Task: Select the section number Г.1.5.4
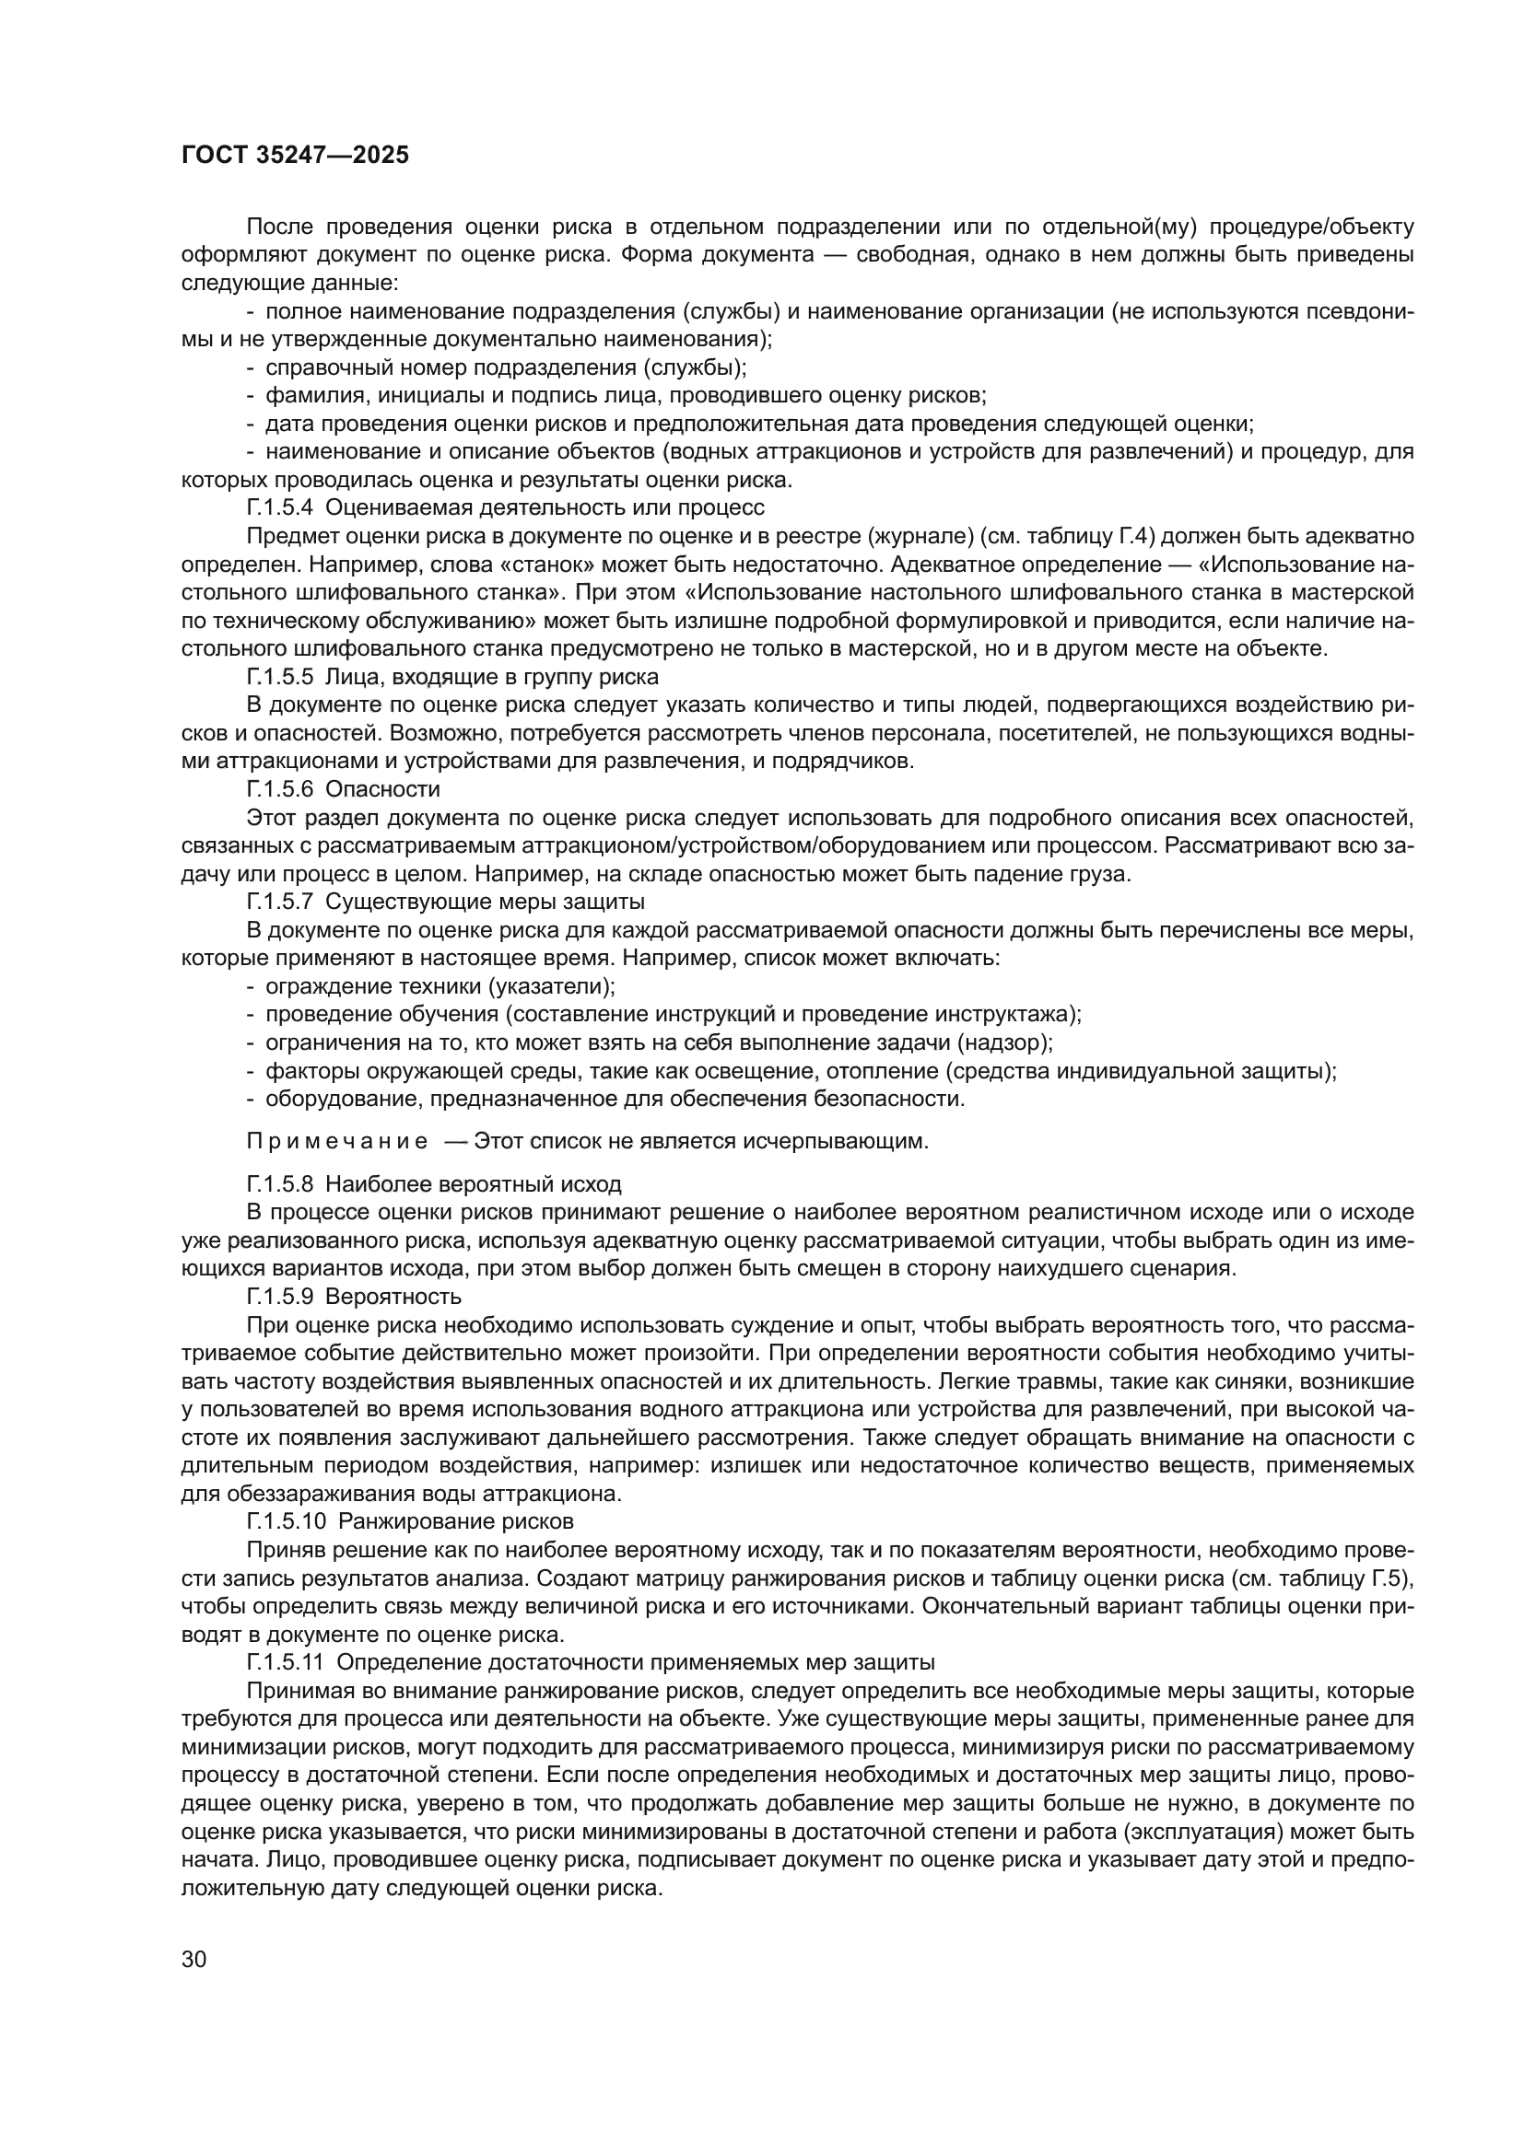pyautogui.click(x=281, y=508)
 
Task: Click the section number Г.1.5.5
pyautogui.click(x=281, y=678)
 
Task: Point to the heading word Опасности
pyautogui.click(x=383, y=790)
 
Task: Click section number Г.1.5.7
pyautogui.click(x=281, y=902)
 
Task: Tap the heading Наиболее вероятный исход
pyautogui.click(x=473, y=1185)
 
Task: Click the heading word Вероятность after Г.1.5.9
pyautogui.click(x=393, y=1298)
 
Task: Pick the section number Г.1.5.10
pyautogui.click(x=286, y=1520)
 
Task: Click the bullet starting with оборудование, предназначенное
pyautogui.click(x=614, y=1100)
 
